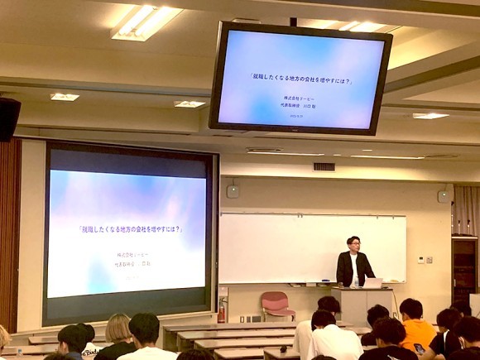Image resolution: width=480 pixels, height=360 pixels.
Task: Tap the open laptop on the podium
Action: point(372,283)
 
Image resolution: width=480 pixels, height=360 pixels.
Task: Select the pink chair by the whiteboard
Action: point(276,304)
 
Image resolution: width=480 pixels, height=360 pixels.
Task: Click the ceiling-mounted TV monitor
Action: point(300,79)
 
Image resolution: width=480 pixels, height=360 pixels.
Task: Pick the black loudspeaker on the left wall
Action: point(8,118)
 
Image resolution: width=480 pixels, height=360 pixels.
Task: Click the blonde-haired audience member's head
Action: point(119,329)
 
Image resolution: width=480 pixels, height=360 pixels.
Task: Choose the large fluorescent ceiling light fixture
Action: point(146,22)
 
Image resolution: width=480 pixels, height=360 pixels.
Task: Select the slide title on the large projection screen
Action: point(130,229)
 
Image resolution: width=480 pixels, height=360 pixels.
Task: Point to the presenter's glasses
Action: point(353,243)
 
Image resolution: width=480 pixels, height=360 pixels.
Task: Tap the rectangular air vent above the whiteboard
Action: point(324,166)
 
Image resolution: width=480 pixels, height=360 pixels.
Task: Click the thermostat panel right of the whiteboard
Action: point(421,259)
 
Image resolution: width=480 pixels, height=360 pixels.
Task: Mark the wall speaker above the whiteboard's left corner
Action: point(233,191)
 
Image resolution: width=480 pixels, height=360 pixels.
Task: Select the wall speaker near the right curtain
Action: point(444,196)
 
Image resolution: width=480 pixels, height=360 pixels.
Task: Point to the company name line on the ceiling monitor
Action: point(298,98)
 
